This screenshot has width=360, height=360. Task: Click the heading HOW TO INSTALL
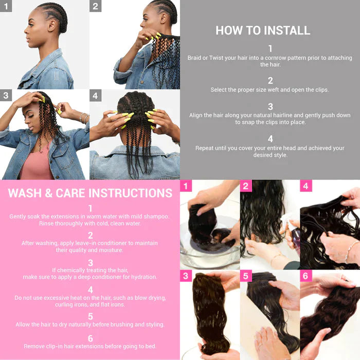pyautogui.click(x=263, y=30)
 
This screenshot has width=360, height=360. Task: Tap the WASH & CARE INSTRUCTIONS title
pyautogui.click(x=90, y=193)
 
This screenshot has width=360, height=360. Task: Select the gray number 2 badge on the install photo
pyautogui.click(x=95, y=7)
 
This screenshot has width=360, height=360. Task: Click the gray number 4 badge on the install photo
pyautogui.click(x=95, y=96)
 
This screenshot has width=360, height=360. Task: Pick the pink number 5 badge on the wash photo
pyautogui.click(x=246, y=276)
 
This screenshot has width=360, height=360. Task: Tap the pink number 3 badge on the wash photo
pyautogui.click(x=186, y=276)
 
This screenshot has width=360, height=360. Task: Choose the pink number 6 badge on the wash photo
pyautogui.click(x=306, y=276)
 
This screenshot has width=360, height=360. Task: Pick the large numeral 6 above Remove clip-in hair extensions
pyautogui.click(x=90, y=338)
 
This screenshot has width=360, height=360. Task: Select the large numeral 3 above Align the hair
pyautogui.click(x=270, y=106)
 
